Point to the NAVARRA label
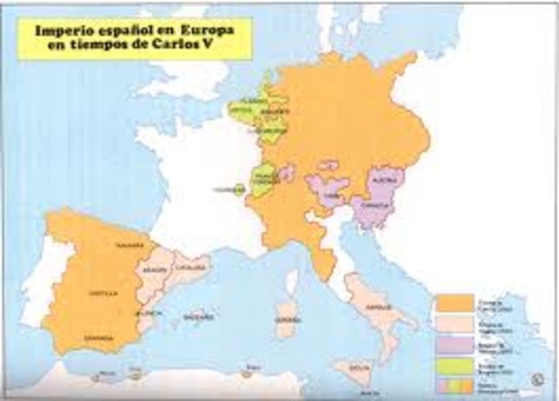[x=122, y=245]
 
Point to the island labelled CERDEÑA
[x=285, y=308]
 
